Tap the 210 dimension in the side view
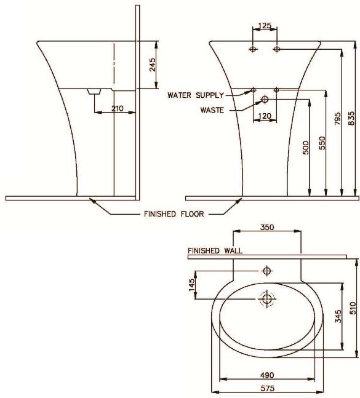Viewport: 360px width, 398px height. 118,109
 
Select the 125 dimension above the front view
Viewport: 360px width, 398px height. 265,26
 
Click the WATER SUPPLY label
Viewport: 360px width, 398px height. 196,95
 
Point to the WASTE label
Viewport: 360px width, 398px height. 212,110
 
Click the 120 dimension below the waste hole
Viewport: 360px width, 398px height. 265,116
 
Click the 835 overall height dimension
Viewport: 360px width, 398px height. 351,119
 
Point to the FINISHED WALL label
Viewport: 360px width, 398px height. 215,250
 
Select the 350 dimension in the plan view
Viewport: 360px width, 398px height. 266,227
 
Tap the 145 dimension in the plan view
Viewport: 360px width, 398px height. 191,285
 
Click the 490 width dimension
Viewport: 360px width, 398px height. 266,375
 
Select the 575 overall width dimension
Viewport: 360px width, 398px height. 266,388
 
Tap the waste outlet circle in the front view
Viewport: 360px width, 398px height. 265,99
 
